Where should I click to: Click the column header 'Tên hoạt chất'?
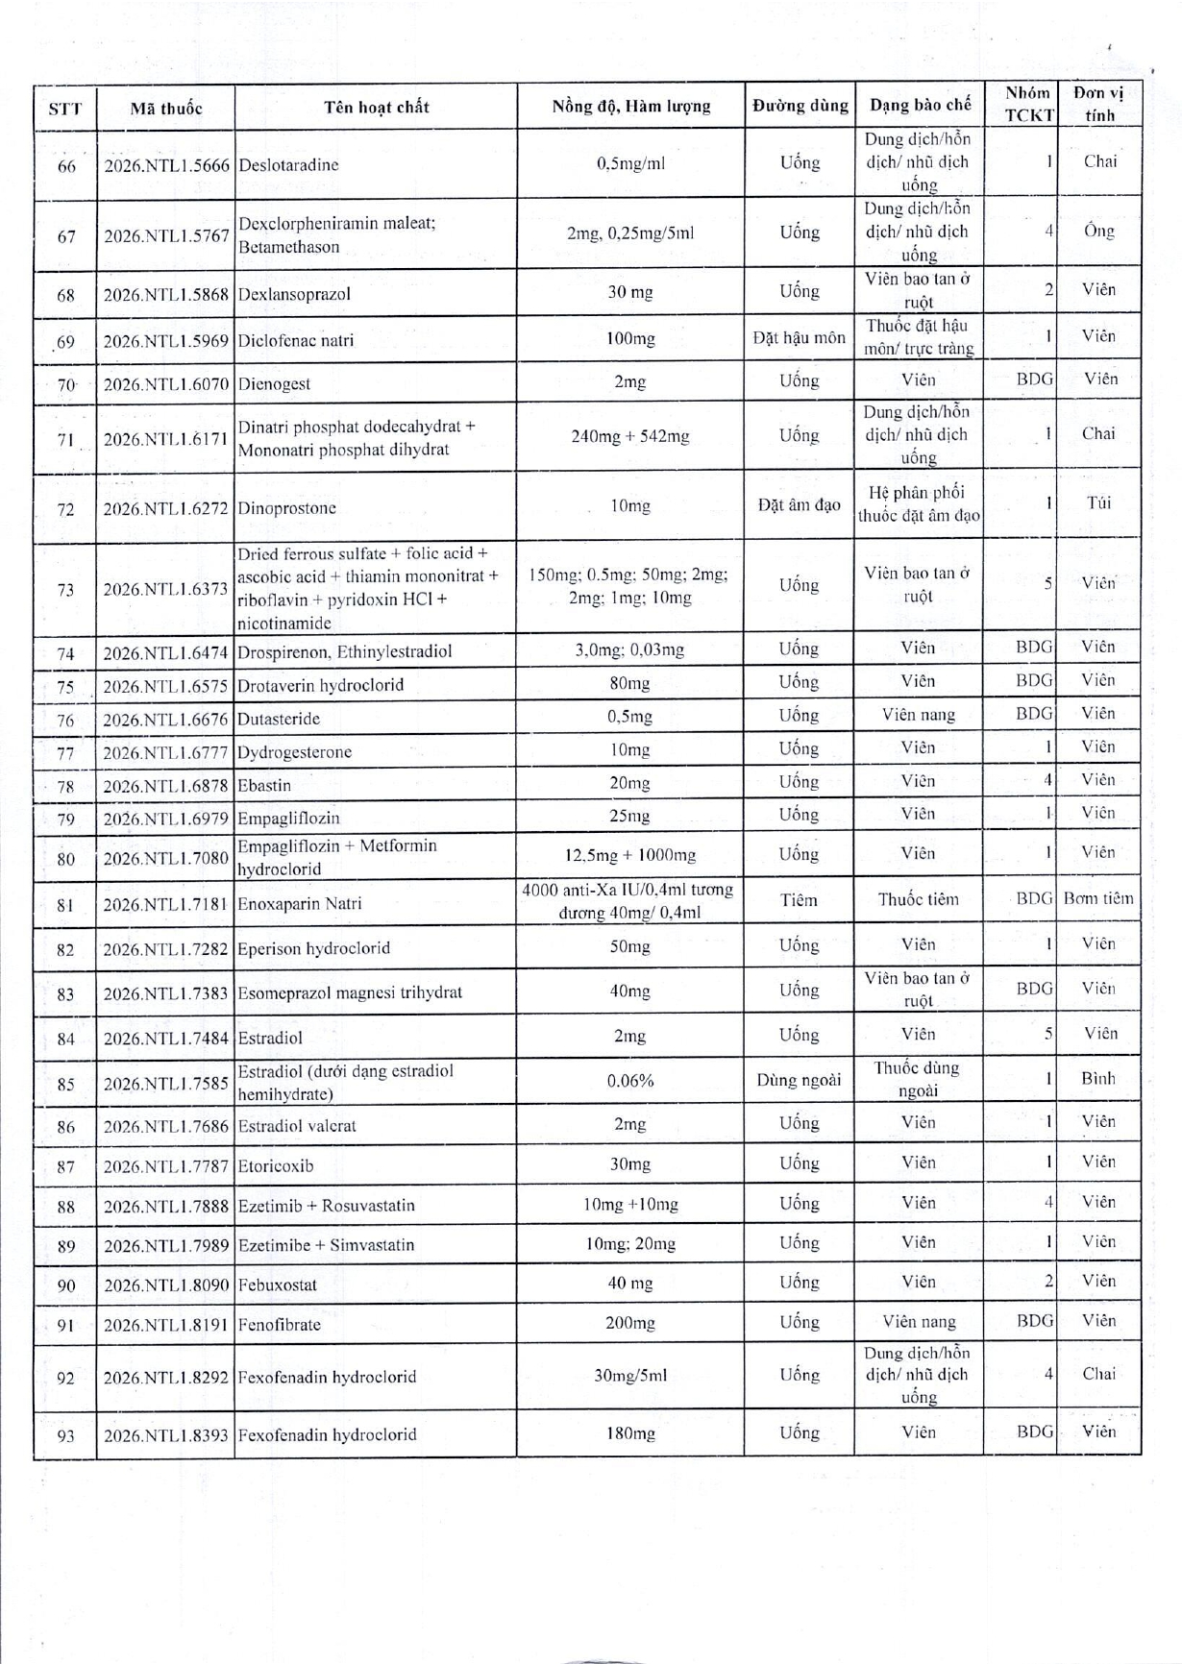pyautogui.click(x=376, y=107)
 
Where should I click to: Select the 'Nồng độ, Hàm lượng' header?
pyautogui.click(x=630, y=107)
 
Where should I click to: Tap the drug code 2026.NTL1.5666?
pyautogui.click(x=166, y=164)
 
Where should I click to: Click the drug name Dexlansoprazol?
pyautogui.click(x=294, y=294)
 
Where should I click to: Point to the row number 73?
pyautogui.click(x=65, y=589)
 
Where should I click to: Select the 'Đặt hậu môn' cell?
pyautogui.click(x=799, y=337)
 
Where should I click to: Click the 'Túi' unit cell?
pyautogui.click(x=1098, y=502)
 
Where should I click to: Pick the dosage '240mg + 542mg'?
pyautogui.click(x=630, y=436)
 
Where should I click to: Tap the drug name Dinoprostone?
pyautogui.click(x=286, y=508)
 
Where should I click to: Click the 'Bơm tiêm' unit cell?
pyautogui.click(x=1098, y=899)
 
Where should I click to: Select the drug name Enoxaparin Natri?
pyautogui.click(x=300, y=903)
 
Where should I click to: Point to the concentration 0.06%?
pyautogui.click(x=630, y=1081)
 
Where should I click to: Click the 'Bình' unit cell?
pyautogui.click(x=1098, y=1078)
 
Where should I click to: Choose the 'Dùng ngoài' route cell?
pyautogui.click(x=799, y=1080)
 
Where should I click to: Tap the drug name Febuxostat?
pyautogui.click(x=278, y=1285)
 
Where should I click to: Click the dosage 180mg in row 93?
pyautogui.click(x=630, y=1433)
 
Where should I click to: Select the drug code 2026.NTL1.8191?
pyautogui.click(x=166, y=1324)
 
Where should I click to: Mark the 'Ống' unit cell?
pyautogui.click(x=1098, y=232)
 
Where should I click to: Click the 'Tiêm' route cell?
pyautogui.click(x=799, y=900)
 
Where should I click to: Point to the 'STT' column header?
pyautogui.click(x=65, y=108)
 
